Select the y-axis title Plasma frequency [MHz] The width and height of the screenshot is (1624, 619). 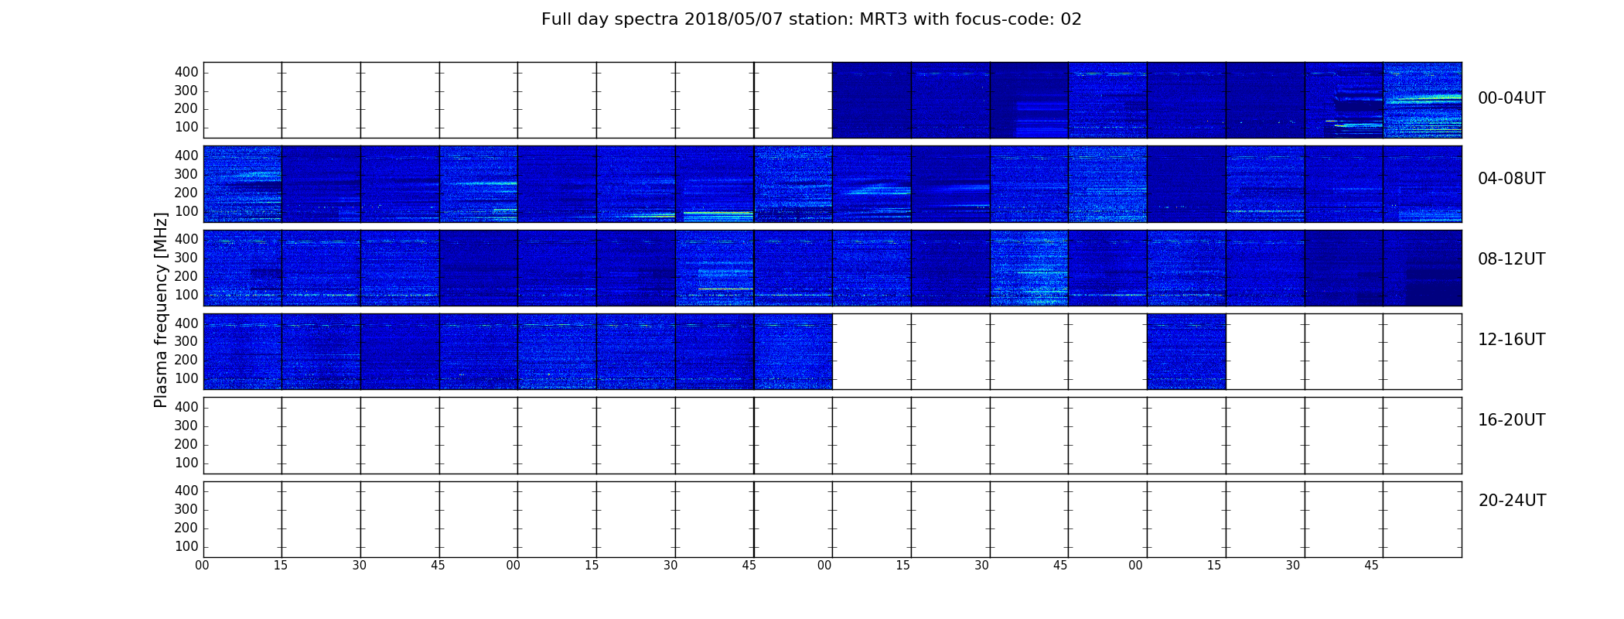pyautogui.click(x=161, y=309)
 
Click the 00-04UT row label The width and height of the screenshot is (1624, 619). pyautogui.click(x=1512, y=98)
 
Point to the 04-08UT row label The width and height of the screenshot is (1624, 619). pyautogui.click(x=1512, y=179)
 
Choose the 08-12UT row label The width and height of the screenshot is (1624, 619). pyautogui.click(x=1512, y=259)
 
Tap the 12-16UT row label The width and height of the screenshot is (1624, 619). pyautogui.click(x=1512, y=340)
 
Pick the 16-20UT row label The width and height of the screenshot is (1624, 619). pyautogui.click(x=1512, y=420)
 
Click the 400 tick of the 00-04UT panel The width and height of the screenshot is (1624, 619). pyautogui.click(x=186, y=72)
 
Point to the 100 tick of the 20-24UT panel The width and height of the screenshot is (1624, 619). pyautogui.click(x=186, y=546)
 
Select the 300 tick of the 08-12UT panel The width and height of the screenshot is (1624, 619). pyautogui.click(x=186, y=258)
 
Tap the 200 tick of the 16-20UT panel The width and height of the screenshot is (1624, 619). pyautogui.click(x=186, y=444)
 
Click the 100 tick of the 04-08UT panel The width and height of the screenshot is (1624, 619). pyautogui.click(x=186, y=211)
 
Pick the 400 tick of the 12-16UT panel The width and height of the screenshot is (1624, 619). pyautogui.click(x=186, y=323)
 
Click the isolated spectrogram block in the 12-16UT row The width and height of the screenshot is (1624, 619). pyautogui.click(x=1186, y=351)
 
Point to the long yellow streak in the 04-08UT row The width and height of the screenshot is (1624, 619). pyautogui.click(x=718, y=213)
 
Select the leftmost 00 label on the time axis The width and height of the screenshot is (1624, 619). pyautogui.click(x=202, y=566)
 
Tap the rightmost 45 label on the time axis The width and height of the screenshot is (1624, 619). pyautogui.click(x=1371, y=566)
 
